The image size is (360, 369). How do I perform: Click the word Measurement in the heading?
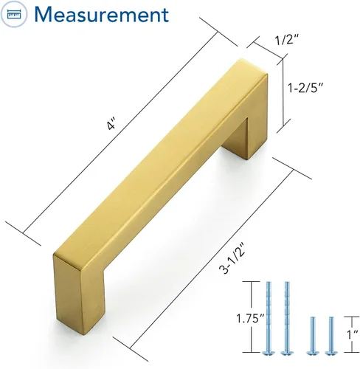[x=102, y=14]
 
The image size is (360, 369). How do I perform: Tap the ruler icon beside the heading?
[x=14, y=14]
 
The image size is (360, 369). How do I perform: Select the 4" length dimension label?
[x=111, y=124]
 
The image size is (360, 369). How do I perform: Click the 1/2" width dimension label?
[x=287, y=39]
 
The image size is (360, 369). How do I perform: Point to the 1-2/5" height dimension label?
[x=305, y=87]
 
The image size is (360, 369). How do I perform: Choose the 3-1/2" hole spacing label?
[x=232, y=258]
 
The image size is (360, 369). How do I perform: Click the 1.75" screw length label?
[x=250, y=318]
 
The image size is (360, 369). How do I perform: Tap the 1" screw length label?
[x=353, y=334]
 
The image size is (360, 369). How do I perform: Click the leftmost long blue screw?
[x=269, y=318]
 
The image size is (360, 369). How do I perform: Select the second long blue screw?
[x=287, y=318]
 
